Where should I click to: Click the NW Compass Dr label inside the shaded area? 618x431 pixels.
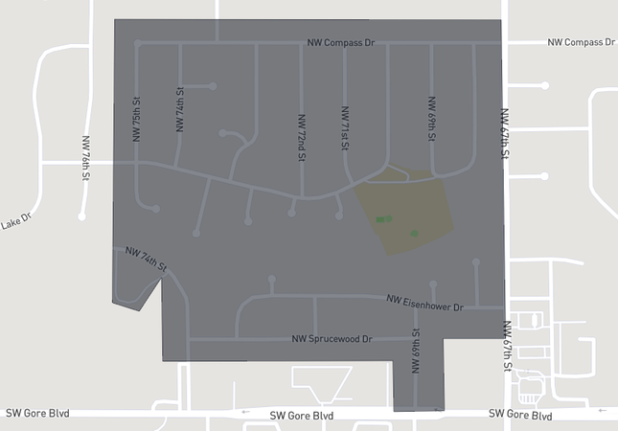point(341,43)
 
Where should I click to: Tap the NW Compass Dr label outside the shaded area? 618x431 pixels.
point(582,42)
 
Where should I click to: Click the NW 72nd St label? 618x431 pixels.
point(302,138)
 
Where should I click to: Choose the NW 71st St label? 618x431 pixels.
point(344,129)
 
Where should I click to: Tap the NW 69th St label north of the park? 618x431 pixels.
point(432,119)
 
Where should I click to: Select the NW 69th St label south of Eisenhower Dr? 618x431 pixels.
point(416,352)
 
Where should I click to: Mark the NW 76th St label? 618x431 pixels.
point(85,158)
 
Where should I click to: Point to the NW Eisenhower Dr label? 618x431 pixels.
point(424,302)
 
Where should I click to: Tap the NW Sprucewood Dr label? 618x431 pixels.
point(332,339)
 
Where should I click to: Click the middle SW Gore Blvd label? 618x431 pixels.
point(301,416)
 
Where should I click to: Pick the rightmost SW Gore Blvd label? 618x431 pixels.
point(520,415)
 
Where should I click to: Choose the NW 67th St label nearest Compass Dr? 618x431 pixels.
point(505,133)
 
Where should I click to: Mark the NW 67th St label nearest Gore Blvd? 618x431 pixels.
point(507,345)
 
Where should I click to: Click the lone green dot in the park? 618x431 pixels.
point(414,233)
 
